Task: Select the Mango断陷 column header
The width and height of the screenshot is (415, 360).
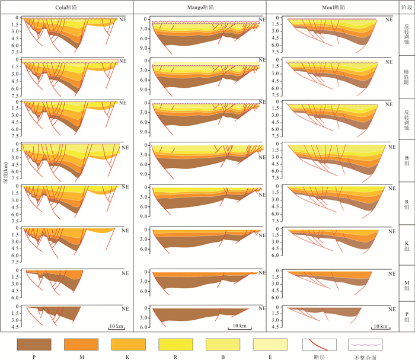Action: (199, 7)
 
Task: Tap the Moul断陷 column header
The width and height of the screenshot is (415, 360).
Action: (333, 7)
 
